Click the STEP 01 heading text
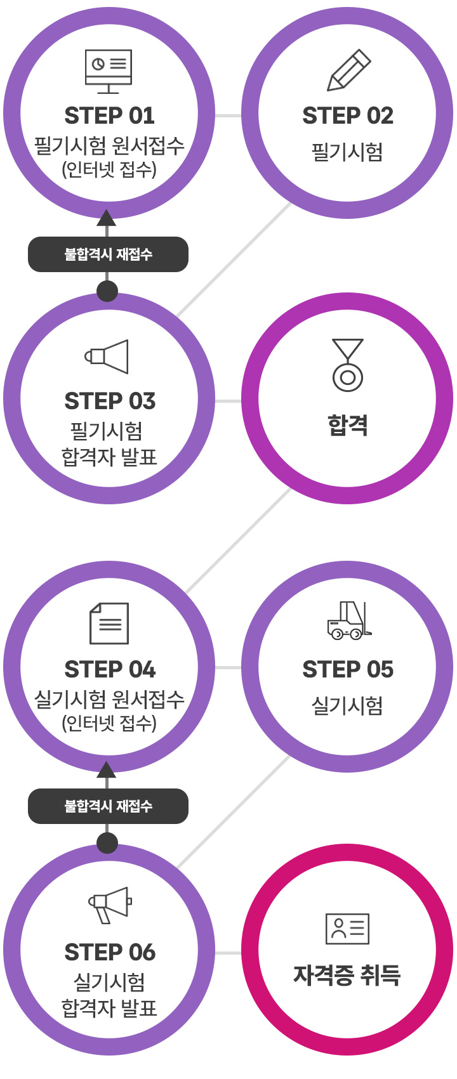[109, 116]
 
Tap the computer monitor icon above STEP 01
[109, 70]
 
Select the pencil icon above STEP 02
[348, 70]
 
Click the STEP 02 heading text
[348, 116]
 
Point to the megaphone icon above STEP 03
[107, 356]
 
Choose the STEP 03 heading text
[110, 401]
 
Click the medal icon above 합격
[348, 365]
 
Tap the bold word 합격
[348, 424]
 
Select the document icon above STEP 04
[109, 623]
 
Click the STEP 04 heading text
[110, 669]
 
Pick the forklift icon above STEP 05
[348, 620]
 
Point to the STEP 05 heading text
[348, 669]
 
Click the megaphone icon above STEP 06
[110, 905]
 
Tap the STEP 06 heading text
[110, 952]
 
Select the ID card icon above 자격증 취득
[347, 929]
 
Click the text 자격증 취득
[347, 975]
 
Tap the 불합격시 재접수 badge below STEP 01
[108, 254]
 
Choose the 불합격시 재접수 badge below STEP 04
[108, 806]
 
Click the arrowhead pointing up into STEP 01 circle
[107, 217]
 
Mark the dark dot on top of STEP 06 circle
[107, 843]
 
